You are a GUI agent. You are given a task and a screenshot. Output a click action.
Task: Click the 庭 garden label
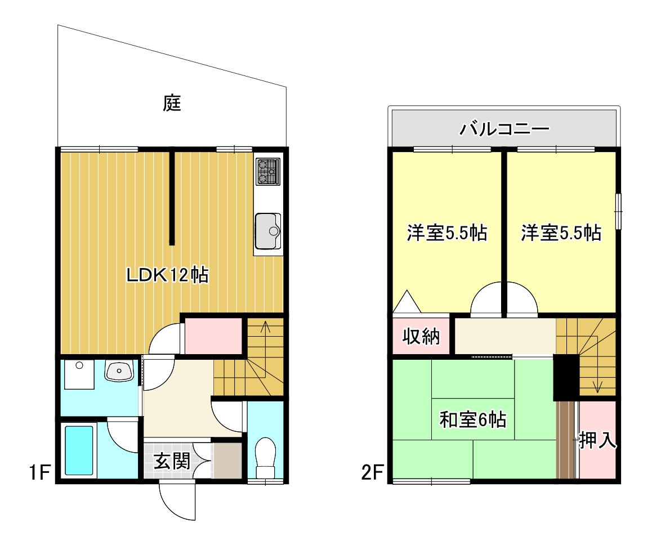pos(172,103)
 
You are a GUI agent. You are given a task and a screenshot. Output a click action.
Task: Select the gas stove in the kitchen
pos(267,172)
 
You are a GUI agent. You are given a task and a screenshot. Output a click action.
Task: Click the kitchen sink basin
pos(267,231)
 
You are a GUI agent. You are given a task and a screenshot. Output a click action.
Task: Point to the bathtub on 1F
pos(78,450)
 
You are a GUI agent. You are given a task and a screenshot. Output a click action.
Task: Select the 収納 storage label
pos(421,337)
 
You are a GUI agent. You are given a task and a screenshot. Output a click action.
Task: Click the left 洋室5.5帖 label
pos(447,233)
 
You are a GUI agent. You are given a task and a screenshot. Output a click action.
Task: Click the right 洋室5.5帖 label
pos(561,233)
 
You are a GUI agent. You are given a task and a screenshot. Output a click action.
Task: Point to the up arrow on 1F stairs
pos(265,329)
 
